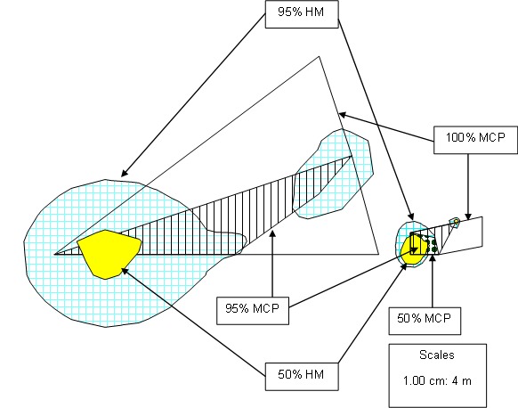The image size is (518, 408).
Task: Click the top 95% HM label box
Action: click(302, 14)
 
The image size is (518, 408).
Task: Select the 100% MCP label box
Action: click(475, 140)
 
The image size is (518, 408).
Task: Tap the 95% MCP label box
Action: click(253, 311)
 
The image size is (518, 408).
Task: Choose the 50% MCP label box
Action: click(425, 321)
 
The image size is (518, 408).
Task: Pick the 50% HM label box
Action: click(302, 376)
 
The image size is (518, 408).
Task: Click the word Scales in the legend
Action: click(437, 355)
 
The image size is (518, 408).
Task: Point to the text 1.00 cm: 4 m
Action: click(437, 381)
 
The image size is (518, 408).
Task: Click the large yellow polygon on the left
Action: click(108, 254)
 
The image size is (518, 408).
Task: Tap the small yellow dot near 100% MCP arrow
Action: click(457, 221)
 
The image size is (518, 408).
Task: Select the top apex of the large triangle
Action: click(319, 56)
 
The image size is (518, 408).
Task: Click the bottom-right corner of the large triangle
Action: click(378, 254)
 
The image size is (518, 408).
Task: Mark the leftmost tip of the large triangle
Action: click(55, 254)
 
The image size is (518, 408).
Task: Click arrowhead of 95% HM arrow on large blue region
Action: click(124, 174)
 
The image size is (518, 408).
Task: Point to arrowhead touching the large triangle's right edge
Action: click(343, 115)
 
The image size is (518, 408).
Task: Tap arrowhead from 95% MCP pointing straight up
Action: click(272, 233)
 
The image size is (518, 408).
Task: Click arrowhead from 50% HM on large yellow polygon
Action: click(125, 271)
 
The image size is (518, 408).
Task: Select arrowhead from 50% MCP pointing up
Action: click(433, 257)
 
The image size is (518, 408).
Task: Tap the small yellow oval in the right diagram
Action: click(411, 250)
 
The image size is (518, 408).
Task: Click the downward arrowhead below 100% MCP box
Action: click(468, 216)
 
